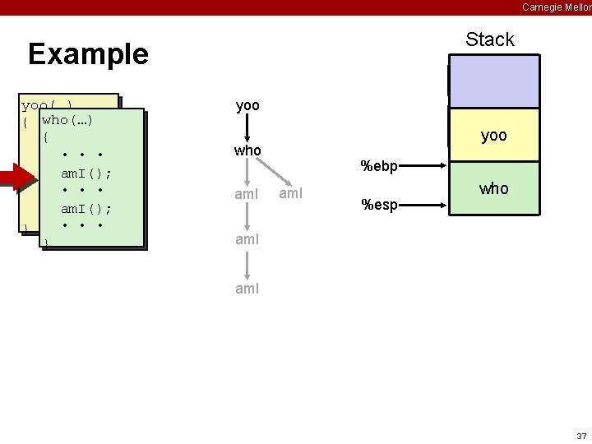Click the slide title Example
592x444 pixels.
coord(88,54)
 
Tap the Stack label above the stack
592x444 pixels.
coord(489,39)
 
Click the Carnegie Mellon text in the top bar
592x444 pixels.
coord(556,7)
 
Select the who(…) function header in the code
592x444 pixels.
coord(67,120)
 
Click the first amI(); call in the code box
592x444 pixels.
coord(86,173)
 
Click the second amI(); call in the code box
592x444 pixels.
coord(86,209)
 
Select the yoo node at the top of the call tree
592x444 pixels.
coord(247,105)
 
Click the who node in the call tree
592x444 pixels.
coord(247,150)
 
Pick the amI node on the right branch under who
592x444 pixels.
coord(292,194)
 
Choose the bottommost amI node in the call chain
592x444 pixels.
coord(247,289)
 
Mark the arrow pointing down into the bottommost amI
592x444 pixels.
coord(247,265)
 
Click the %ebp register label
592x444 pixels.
coord(379,167)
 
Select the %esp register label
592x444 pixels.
coord(378,205)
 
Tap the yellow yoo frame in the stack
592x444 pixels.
coord(493,136)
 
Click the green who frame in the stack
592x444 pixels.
coord(493,188)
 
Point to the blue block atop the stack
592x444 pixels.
coord(493,81)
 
